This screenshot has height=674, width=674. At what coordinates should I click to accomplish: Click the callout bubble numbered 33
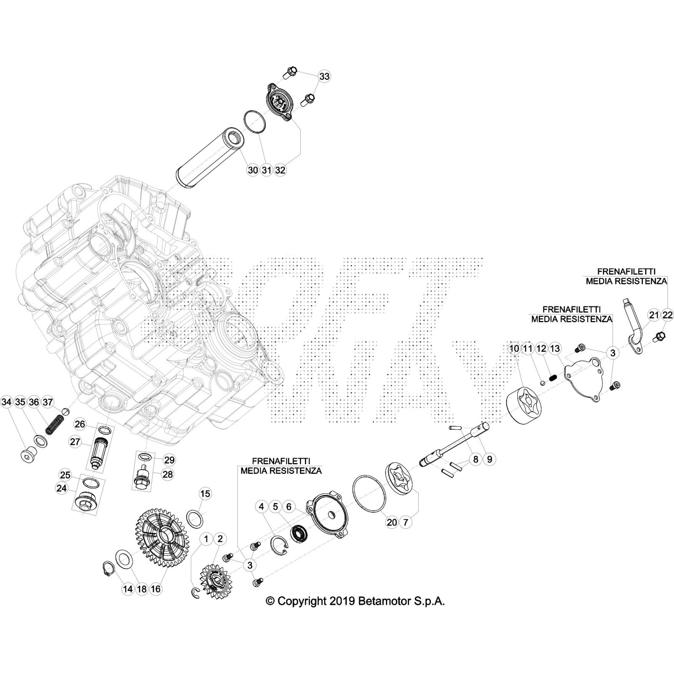[x=324, y=77]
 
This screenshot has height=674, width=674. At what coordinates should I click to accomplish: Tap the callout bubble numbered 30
[x=252, y=170]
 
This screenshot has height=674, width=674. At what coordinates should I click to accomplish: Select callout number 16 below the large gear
[x=156, y=589]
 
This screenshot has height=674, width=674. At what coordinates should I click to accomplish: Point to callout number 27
[x=75, y=442]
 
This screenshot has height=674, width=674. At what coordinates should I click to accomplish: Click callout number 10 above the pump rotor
[x=514, y=348]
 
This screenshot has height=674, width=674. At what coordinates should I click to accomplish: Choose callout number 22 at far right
[x=668, y=315]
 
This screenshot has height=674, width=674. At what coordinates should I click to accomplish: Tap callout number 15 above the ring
[x=205, y=494]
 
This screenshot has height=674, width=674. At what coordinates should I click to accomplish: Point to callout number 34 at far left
[x=6, y=402]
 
